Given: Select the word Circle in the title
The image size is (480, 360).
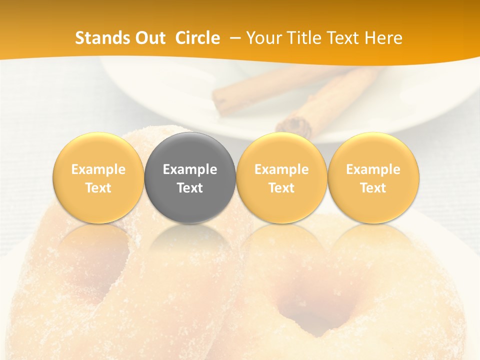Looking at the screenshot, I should click(x=197, y=38).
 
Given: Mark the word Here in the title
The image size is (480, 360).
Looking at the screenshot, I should click(x=384, y=38).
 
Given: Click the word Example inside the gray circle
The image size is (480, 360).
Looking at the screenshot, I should click(x=190, y=169).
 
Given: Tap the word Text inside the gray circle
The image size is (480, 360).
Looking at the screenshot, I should click(x=190, y=188).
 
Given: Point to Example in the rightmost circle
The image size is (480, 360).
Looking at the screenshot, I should click(x=373, y=169).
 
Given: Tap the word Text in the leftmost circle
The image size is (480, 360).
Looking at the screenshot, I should click(x=98, y=188).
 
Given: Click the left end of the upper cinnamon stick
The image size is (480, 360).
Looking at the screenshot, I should click(x=220, y=100).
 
